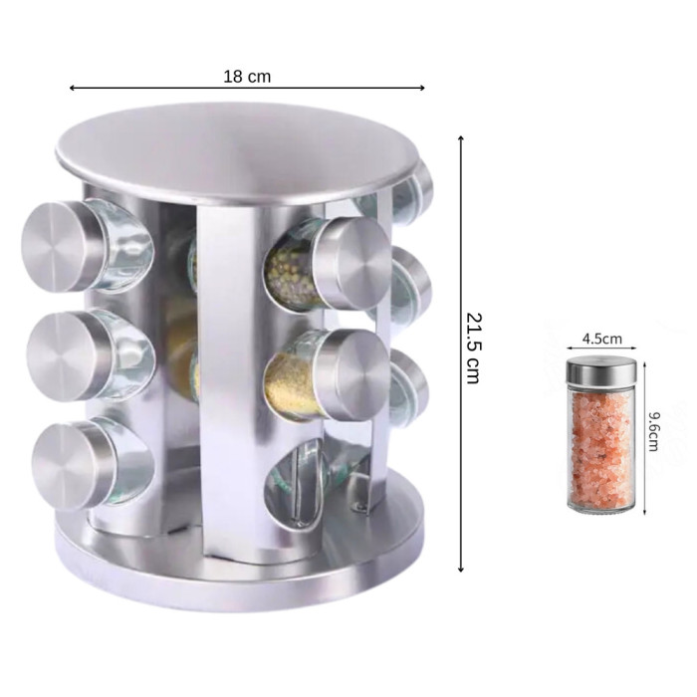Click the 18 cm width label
pyautogui.click(x=247, y=77)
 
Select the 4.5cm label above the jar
pyautogui.click(x=601, y=340)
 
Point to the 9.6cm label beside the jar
pyautogui.click(x=654, y=431)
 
